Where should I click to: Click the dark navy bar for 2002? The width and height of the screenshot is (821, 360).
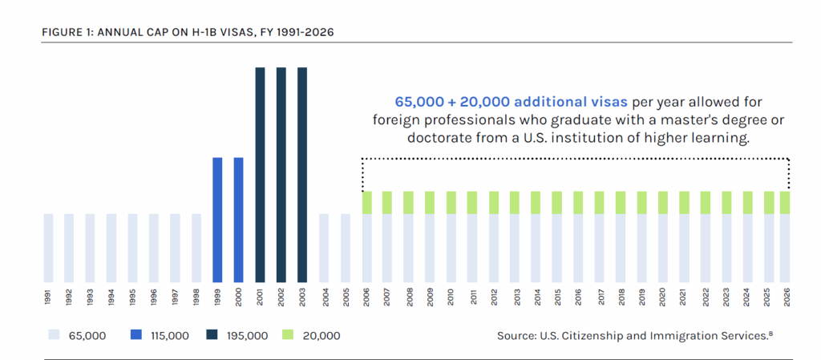pyautogui.click(x=281, y=175)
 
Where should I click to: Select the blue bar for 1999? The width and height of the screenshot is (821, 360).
pyautogui.click(x=217, y=220)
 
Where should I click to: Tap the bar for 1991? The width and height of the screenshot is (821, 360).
pyautogui.click(x=48, y=248)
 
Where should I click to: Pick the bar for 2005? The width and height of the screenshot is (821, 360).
pyautogui.click(x=345, y=248)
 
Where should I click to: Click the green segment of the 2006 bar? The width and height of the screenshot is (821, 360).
pyautogui.click(x=366, y=202)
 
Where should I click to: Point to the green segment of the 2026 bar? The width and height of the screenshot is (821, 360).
pyautogui.click(x=785, y=202)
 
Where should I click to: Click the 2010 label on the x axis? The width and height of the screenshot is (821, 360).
pyautogui.click(x=451, y=297)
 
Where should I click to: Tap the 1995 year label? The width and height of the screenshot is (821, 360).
pyautogui.click(x=133, y=297)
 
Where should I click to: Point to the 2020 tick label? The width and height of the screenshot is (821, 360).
pyautogui.click(x=662, y=297)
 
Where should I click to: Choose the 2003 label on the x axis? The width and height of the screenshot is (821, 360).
pyautogui.click(x=302, y=297)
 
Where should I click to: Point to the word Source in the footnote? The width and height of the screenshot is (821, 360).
pyautogui.click(x=517, y=334)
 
